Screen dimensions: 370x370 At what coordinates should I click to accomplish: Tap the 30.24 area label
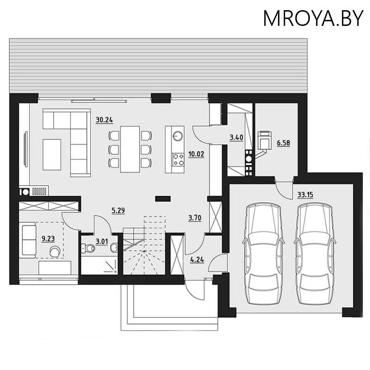[105, 120]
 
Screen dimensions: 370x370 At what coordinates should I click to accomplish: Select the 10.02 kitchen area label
[196, 154]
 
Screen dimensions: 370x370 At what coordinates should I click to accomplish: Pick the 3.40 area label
[236, 137]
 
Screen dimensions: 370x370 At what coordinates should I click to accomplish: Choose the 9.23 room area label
[48, 239]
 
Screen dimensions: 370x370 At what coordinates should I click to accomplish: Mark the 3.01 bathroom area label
[102, 240]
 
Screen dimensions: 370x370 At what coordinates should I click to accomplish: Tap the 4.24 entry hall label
[197, 259]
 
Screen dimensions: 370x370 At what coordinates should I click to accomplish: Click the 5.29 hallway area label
[118, 211]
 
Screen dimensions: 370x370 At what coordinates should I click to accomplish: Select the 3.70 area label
[195, 217]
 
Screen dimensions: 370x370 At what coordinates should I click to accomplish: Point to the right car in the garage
[314, 253]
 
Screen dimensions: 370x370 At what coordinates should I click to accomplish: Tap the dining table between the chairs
[130, 149]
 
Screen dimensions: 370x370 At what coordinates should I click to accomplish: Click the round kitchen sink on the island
[177, 136]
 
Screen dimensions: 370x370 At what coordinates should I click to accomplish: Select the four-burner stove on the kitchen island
[177, 160]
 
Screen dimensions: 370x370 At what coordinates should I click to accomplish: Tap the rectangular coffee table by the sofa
[52, 154]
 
